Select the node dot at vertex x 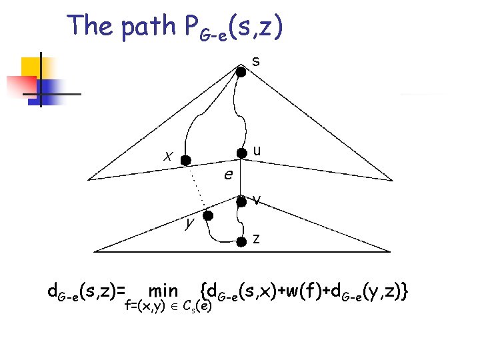point(187,160)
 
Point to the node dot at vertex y point(208,216)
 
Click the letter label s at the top point(256,61)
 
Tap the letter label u point(257,151)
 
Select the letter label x point(169,157)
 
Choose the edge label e point(228,175)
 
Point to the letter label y point(189,222)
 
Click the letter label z point(257,239)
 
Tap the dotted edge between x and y point(197,188)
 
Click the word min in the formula point(163,291)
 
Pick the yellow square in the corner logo point(32,67)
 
